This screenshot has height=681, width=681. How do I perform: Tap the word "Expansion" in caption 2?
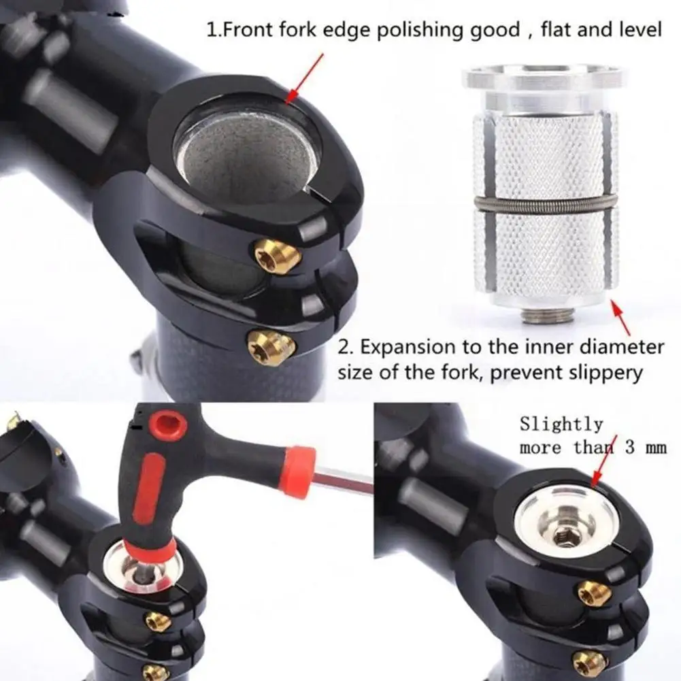pos(412,346)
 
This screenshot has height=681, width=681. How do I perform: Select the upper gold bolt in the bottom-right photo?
pos(595,593)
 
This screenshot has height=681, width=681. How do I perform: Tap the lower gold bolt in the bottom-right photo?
pos(590,661)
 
